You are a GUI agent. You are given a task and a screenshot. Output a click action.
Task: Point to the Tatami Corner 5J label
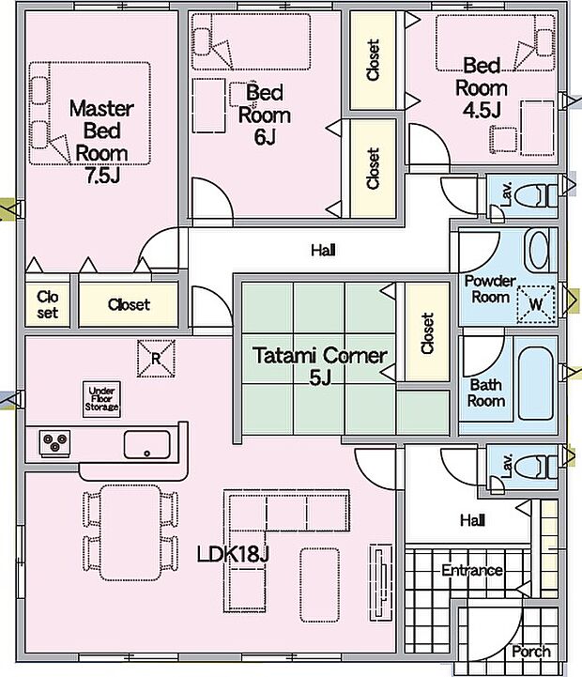click(319, 365)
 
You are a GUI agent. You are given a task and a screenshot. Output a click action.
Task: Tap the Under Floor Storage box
click(102, 399)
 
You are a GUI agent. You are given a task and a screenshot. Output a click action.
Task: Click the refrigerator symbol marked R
click(155, 357)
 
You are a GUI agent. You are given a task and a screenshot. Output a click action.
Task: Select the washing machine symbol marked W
click(536, 302)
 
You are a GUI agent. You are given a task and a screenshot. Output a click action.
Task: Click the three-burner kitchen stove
click(55, 441)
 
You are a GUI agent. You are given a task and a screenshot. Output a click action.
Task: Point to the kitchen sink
click(147, 442)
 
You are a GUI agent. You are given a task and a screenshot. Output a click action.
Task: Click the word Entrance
click(471, 570)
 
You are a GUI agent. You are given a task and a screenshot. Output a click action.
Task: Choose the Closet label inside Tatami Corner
click(428, 332)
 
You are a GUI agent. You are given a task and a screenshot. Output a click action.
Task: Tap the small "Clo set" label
click(47, 304)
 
